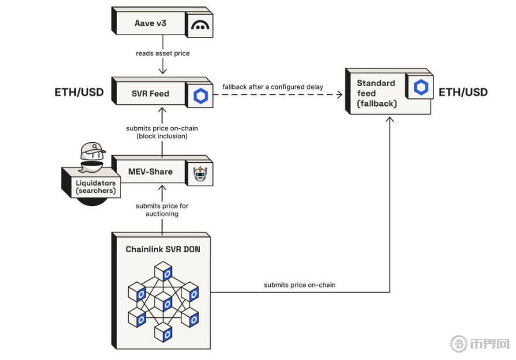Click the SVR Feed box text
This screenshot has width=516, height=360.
[150, 93]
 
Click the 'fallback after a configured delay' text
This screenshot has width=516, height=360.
[273, 87]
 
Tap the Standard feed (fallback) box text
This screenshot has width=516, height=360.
[376, 93]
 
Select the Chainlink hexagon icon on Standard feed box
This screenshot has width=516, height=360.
[421, 88]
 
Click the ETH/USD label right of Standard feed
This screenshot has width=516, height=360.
[463, 92]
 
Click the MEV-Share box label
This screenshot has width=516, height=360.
[150, 172]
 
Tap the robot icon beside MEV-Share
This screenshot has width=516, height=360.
[199, 173]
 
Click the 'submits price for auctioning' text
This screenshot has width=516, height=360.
[162, 210]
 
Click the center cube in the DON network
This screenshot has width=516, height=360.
[167, 303]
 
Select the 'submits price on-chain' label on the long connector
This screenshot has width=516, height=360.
[300, 285]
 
